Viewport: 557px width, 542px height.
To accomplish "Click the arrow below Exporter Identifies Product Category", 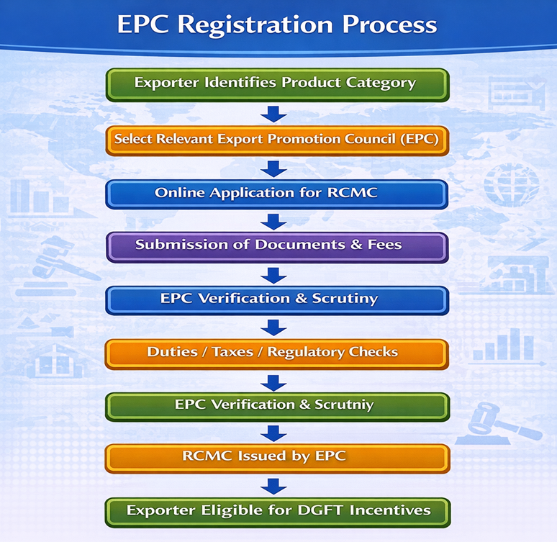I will click(273, 113).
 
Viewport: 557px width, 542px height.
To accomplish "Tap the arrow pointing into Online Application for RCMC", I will click(273, 168).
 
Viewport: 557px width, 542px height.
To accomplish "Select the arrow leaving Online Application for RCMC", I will click(273, 220).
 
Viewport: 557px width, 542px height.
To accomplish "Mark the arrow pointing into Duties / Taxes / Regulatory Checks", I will click(273, 328).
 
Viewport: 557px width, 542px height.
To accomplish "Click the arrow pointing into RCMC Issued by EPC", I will click(273, 433).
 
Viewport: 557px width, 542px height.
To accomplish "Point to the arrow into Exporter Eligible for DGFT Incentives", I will click(273, 486).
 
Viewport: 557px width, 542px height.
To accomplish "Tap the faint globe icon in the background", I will click(511, 184).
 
